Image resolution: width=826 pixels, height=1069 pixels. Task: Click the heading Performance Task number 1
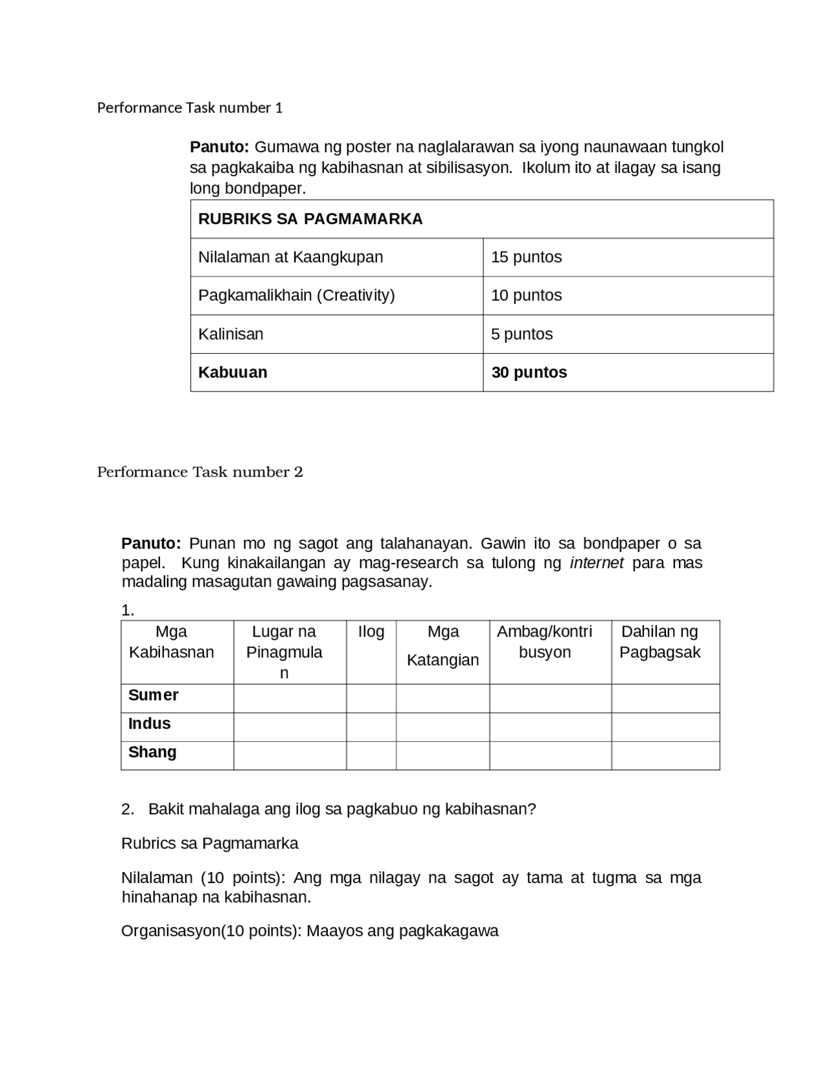tap(190, 108)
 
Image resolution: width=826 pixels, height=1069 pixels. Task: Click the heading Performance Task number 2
tap(199, 472)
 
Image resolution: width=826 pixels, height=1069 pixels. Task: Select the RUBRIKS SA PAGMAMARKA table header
tap(310, 219)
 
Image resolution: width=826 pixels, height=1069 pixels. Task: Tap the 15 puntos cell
tap(526, 257)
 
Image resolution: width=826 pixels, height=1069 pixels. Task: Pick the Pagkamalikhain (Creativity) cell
tap(296, 295)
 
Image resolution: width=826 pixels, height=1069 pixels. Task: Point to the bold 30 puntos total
tap(529, 372)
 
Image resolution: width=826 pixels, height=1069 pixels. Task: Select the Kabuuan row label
tap(232, 372)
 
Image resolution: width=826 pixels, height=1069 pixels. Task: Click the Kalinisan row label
tap(230, 334)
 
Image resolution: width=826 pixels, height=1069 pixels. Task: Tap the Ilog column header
tap(371, 632)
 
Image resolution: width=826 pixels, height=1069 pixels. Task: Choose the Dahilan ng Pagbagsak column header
tap(660, 642)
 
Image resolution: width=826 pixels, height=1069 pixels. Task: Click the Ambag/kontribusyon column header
tap(545, 642)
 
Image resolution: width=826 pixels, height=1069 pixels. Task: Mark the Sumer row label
tap(153, 695)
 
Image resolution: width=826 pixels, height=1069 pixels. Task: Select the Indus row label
tap(149, 724)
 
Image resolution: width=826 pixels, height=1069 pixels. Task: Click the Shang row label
tap(152, 752)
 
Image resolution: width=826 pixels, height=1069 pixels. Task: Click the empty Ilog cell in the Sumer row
tap(371, 698)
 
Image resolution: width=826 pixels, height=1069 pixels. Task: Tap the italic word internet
tap(596, 563)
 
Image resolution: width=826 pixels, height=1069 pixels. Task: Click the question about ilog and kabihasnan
tap(342, 809)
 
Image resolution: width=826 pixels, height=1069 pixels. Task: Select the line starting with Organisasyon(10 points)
tap(310, 931)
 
